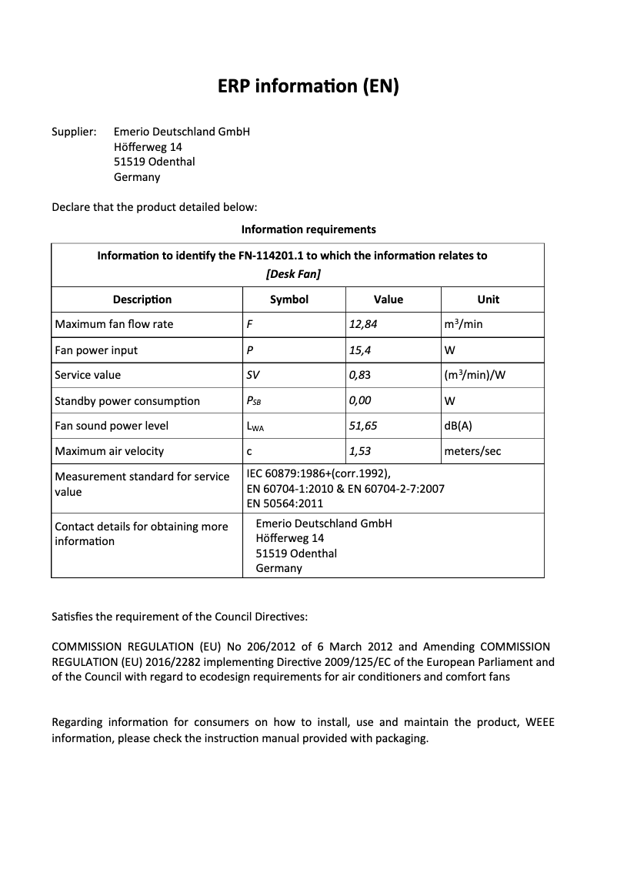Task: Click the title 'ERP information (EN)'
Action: coord(308,87)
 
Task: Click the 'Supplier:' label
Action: coord(73,132)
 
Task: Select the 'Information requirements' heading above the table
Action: coord(308,229)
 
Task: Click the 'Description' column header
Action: coord(142,299)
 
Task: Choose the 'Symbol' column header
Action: coord(289,299)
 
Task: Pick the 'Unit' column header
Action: coord(488,299)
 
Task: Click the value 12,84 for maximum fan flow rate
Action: coord(363,324)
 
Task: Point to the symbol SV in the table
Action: coord(253,376)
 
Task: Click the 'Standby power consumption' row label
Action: coord(127,401)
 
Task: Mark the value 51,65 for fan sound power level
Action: coord(363,426)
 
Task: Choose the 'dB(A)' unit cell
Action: coord(458,426)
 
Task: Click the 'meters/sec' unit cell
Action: coord(472,451)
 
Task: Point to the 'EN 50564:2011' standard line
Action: coord(285,503)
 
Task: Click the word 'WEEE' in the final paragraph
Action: coord(539,722)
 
